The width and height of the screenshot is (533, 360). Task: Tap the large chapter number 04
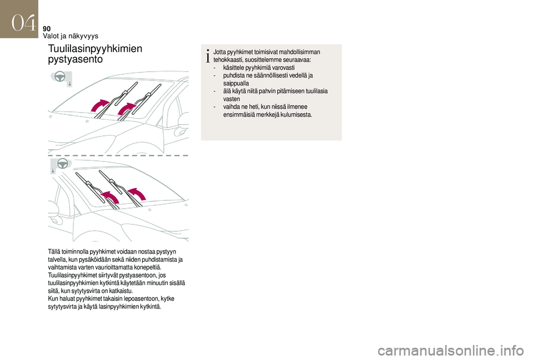point(22,23)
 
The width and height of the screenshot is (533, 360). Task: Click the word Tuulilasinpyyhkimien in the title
point(95,49)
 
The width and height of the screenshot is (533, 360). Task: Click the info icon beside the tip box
point(208,55)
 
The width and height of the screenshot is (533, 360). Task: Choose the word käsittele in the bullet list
point(234,67)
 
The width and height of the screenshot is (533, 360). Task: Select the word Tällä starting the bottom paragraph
point(55,251)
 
